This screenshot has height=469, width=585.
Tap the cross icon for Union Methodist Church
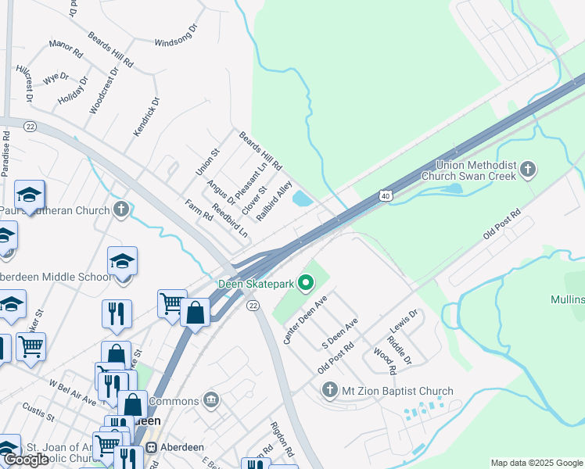[528, 170]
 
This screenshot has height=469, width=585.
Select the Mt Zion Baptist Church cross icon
[328, 389]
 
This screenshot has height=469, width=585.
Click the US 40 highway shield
[386, 195]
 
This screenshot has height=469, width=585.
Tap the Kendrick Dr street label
[145, 117]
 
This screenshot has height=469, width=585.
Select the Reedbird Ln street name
[231, 221]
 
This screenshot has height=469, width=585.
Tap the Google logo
[25, 460]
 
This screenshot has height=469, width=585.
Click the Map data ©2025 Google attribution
[537, 463]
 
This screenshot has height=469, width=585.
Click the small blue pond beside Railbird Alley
[302, 199]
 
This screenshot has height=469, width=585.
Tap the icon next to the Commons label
[210, 401]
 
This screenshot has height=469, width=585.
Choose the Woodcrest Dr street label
[103, 91]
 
